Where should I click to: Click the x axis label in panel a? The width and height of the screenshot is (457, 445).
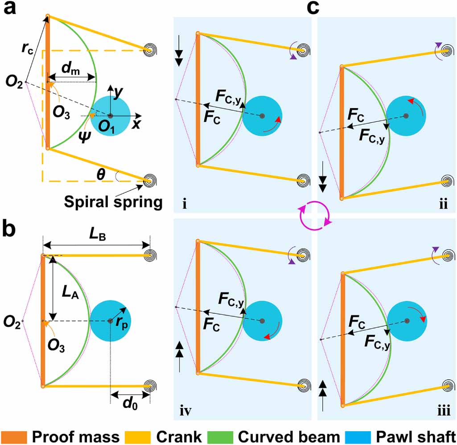pyautogui.click(x=136, y=125)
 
